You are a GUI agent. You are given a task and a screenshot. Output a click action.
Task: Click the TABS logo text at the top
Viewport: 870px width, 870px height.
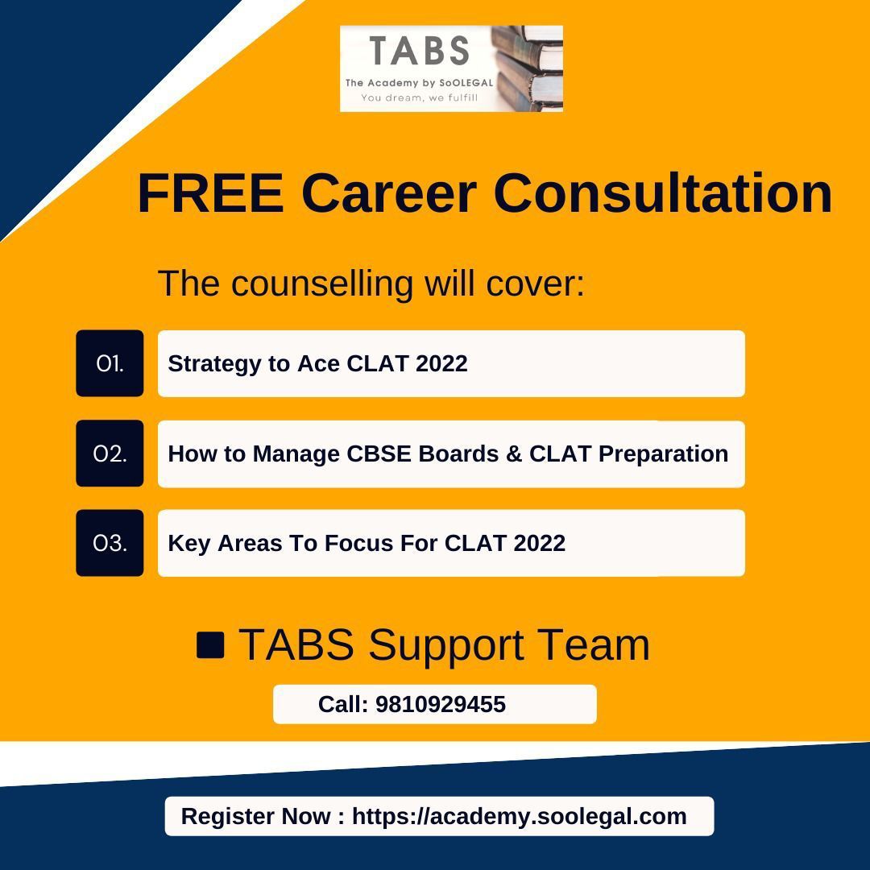[x=419, y=50]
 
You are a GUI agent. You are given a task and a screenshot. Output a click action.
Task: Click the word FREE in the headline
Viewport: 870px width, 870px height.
[x=210, y=193]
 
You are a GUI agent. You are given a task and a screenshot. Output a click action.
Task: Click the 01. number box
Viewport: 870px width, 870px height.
[x=110, y=363]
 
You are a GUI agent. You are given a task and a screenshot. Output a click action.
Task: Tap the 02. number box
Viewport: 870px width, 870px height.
[x=110, y=454]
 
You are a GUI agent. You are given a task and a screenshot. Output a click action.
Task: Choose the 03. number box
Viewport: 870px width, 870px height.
[x=110, y=543]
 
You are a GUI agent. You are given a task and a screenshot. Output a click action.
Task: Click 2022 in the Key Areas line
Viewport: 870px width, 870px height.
[x=538, y=543]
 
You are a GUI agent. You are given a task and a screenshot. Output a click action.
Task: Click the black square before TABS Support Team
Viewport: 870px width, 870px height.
[x=210, y=645]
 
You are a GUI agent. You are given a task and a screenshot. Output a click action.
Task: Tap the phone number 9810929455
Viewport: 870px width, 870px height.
[x=440, y=704]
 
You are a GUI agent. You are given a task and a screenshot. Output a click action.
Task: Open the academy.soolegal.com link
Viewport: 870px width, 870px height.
[x=519, y=816]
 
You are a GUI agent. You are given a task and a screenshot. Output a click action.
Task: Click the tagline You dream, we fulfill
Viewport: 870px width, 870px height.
[x=419, y=97]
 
